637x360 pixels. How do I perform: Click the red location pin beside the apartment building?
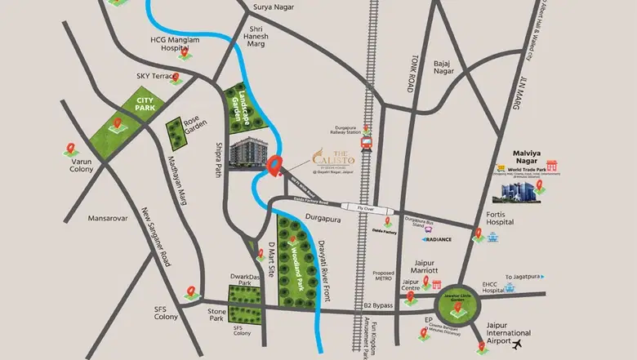[275, 166]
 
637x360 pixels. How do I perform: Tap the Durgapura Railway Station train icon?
[367, 144]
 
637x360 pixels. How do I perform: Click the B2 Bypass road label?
[378, 305]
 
